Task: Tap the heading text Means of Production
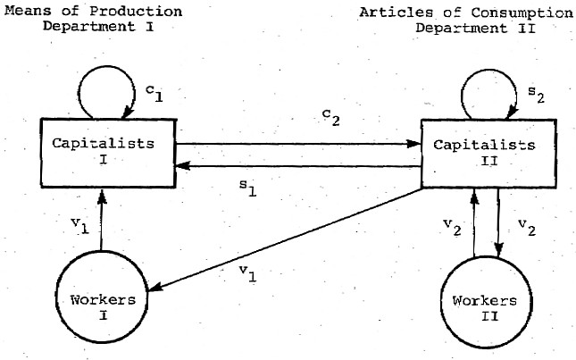[x=105, y=11]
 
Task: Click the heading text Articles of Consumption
[x=466, y=13]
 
